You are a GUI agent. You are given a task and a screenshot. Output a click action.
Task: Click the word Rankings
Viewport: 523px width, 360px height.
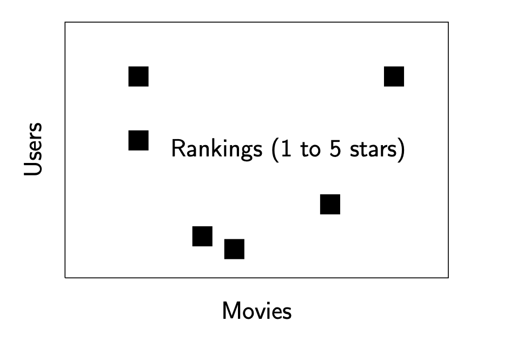tap(217, 149)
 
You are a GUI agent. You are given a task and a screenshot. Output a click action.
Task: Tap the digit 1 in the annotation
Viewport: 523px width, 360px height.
tap(286, 148)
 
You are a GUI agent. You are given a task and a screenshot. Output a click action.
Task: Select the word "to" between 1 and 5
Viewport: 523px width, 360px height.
tap(311, 149)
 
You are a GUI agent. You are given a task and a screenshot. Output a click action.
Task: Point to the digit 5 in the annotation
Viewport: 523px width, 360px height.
tap(335, 148)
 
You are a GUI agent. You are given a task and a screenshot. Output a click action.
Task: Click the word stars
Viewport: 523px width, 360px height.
tap(373, 149)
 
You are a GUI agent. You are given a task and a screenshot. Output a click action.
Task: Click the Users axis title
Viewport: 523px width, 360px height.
tap(34, 149)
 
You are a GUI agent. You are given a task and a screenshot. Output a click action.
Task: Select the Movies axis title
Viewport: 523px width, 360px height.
tap(257, 311)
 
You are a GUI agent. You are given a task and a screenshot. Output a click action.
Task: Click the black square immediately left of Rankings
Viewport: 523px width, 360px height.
tap(138, 140)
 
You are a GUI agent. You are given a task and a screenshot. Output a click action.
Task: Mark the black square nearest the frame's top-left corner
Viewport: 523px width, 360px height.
tap(138, 76)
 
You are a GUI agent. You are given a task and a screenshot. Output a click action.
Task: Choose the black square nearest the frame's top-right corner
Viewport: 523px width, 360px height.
tap(394, 76)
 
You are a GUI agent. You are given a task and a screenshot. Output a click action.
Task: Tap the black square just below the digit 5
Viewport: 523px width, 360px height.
tap(330, 205)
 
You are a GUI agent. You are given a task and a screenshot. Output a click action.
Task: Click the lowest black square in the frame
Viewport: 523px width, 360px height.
tap(234, 249)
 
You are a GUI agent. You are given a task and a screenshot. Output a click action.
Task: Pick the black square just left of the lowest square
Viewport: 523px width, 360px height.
tap(202, 237)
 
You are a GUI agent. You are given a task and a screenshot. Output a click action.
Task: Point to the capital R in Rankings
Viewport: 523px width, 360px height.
tap(178, 148)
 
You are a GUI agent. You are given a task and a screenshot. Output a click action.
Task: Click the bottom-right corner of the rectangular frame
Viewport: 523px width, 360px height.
tap(448, 278)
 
